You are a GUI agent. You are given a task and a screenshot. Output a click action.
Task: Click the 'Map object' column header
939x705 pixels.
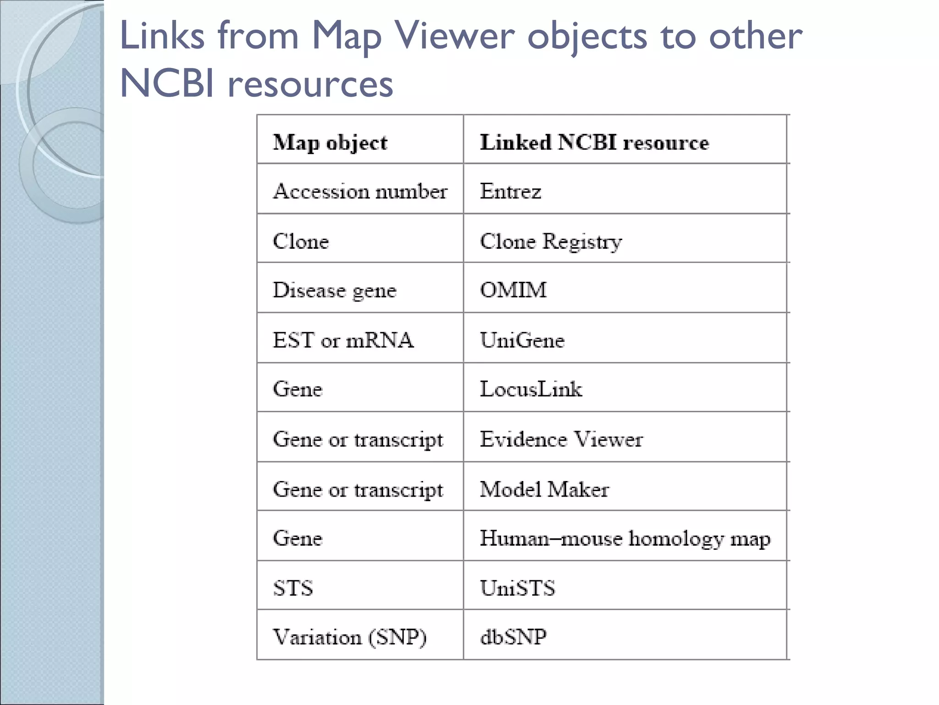click(x=330, y=142)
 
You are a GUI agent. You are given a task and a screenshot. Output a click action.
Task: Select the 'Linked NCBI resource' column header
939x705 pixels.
click(x=594, y=142)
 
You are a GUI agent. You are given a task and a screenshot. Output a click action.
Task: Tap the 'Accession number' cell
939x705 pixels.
click(x=360, y=191)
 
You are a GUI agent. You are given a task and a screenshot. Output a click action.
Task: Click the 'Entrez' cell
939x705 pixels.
click(x=510, y=191)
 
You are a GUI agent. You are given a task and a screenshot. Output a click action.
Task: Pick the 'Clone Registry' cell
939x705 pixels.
click(x=551, y=241)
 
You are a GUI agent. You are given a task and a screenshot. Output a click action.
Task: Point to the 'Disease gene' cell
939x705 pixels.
click(x=334, y=291)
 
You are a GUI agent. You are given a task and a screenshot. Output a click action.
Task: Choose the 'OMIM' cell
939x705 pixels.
click(x=513, y=290)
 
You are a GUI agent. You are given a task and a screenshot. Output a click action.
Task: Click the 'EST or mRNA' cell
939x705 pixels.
click(x=343, y=340)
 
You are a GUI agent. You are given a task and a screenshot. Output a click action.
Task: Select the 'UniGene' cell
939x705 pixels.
click(x=522, y=340)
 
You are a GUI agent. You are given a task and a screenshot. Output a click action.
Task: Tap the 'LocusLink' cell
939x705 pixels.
click(x=530, y=389)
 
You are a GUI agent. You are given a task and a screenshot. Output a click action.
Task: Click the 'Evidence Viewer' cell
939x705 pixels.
click(x=561, y=439)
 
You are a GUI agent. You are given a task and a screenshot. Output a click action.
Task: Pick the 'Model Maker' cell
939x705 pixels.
click(x=544, y=489)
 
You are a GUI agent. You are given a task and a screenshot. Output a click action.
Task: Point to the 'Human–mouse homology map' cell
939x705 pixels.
click(x=625, y=538)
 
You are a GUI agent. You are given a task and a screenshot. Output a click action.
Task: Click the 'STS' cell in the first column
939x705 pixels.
click(x=293, y=588)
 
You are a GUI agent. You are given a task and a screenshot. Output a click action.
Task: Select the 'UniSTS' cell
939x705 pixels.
click(x=517, y=588)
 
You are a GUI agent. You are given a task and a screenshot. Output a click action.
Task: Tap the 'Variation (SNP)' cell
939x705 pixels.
click(x=349, y=637)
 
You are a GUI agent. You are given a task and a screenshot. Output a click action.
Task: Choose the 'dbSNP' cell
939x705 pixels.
click(x=513, y=637)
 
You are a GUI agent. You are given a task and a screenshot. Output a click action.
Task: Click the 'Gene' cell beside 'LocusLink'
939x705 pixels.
click(x=298, y=389)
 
